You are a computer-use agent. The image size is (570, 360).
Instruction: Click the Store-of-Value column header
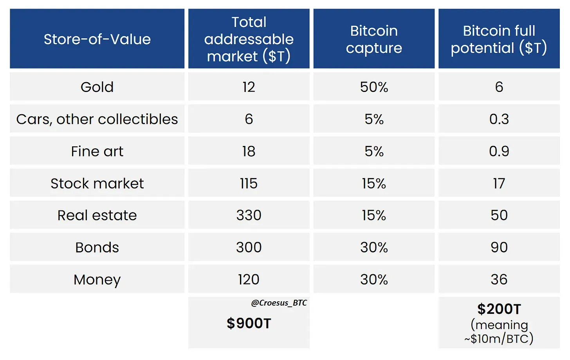tap(97, 39)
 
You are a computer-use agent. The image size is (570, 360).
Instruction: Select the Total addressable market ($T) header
tap(249, 39)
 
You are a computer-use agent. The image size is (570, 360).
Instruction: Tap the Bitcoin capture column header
tap(374, 39)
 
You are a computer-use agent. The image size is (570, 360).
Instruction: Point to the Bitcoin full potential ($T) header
tap(499, 39)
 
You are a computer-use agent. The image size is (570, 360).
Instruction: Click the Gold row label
tap(97, 87)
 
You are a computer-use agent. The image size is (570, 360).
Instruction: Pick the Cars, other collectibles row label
tap(97, 119)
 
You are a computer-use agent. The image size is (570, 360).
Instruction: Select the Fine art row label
tap(97, 151)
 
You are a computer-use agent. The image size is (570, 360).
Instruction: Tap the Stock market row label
tap(97, 183)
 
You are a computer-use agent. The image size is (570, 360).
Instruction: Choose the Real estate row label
tap(97, 215)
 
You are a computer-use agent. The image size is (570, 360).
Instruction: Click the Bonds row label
tap(97, 247)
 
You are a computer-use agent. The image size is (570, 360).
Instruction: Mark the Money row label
tap(97, 279)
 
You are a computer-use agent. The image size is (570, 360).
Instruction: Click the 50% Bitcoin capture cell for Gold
tap(374, 87)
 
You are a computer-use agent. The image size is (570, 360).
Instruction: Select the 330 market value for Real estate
tap(249, 215)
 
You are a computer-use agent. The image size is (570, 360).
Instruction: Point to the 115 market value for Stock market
tap(249, 183)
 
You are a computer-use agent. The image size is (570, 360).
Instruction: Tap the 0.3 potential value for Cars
tap(499, 119)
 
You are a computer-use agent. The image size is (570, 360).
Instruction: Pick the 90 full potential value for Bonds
tap(499, 247)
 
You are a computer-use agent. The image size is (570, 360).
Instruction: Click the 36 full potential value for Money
tap(499, 279)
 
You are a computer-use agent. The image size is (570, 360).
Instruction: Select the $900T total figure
tap(249, 323)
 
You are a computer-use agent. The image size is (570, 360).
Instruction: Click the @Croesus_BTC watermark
tap(279, 303)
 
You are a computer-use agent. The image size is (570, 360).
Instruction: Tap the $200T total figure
tap(499, 309)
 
